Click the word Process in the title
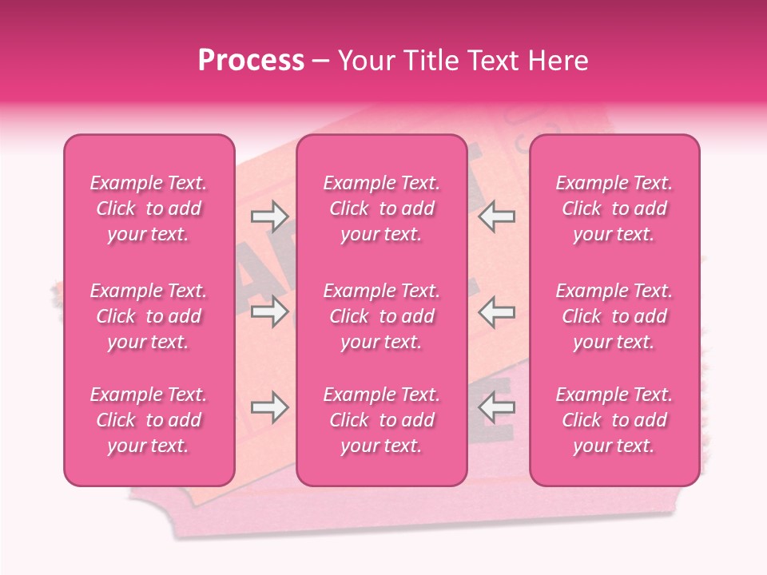click(251, 61)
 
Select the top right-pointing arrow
click(269, 216)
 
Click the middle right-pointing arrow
click(269, 311)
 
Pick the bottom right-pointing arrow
click(269, 408)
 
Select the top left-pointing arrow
click(497, 216)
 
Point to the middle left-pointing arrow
click(497, 311)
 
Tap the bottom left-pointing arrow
click(497, 408)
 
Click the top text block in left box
click(149, 208)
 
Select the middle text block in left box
click(149, 316)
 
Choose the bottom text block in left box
click(149, 420)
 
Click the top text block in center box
click(382, 208)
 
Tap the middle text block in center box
click(382, 316)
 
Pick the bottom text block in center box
click(382, 420)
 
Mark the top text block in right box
click(614, 208)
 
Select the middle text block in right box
click(614, 316)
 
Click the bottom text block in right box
click(614, 420)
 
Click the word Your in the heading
click(364, 61)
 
